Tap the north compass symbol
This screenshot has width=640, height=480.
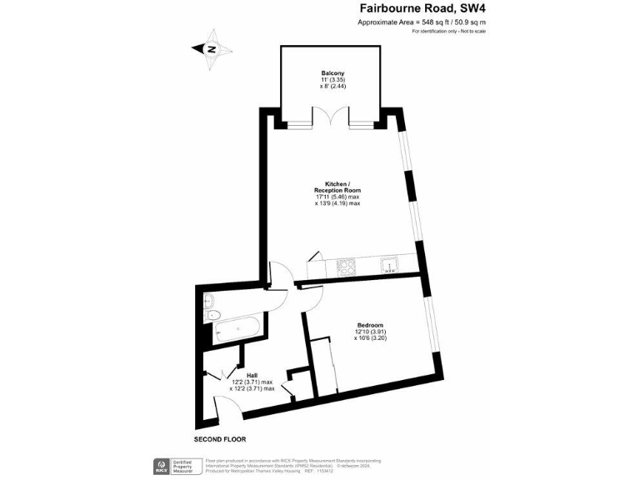(212, 48)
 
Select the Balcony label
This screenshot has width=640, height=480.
(332, 72)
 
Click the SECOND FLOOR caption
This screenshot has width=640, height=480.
(220, 439)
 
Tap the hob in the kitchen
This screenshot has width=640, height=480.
(346, 267)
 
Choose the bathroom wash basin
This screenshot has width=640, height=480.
(208, 301)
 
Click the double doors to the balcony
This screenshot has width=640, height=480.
(332, 119)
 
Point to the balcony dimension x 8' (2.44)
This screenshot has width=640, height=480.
(332, 86)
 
